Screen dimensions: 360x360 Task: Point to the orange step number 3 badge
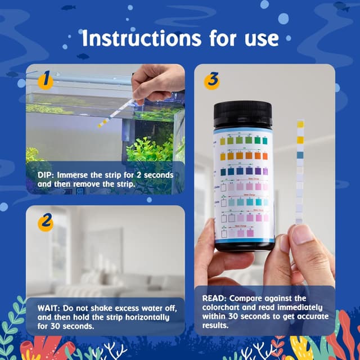[211, 80]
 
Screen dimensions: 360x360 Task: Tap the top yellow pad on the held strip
[300, 124]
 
